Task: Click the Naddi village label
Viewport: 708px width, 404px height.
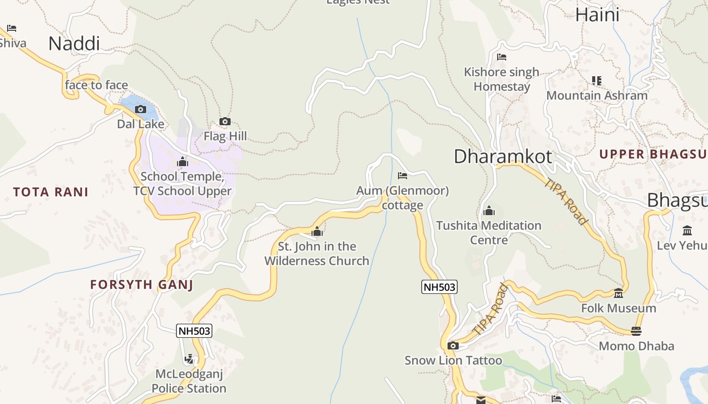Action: tap(74, 44)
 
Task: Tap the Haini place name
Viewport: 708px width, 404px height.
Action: tap(597, 15)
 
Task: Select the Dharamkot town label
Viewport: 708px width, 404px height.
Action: tap(503, 157)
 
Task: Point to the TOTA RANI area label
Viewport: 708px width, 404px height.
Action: tap(51, 192)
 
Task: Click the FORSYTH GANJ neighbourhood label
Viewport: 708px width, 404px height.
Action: tap(142, 285)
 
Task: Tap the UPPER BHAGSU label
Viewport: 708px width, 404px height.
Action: tap(653, 155)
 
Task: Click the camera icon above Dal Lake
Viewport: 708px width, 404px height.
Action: tap(140, 109)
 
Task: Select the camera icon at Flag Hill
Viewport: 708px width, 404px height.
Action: tap(225, 121)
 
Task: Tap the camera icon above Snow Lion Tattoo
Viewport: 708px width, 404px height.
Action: tap(453, 345)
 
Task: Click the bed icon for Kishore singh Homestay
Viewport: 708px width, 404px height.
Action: tap(501, 57)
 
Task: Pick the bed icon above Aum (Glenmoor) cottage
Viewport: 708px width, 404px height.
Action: tap(403, 176)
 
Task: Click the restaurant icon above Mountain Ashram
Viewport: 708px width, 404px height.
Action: tap(597, 80)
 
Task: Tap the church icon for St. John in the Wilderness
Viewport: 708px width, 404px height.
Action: tap(317, 232)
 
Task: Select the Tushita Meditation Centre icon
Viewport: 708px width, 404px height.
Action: tap(489, 211)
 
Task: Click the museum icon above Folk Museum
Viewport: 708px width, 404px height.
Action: tap(618, 293)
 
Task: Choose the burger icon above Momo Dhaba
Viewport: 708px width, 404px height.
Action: tap(636, 331)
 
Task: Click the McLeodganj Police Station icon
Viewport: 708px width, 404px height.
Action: tap(189, 359)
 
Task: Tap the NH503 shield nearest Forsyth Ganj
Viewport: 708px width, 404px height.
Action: tap(194, 331)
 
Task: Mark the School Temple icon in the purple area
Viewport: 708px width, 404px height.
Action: tap(183, 162)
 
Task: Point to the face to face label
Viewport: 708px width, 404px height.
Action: tap(96, 85)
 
